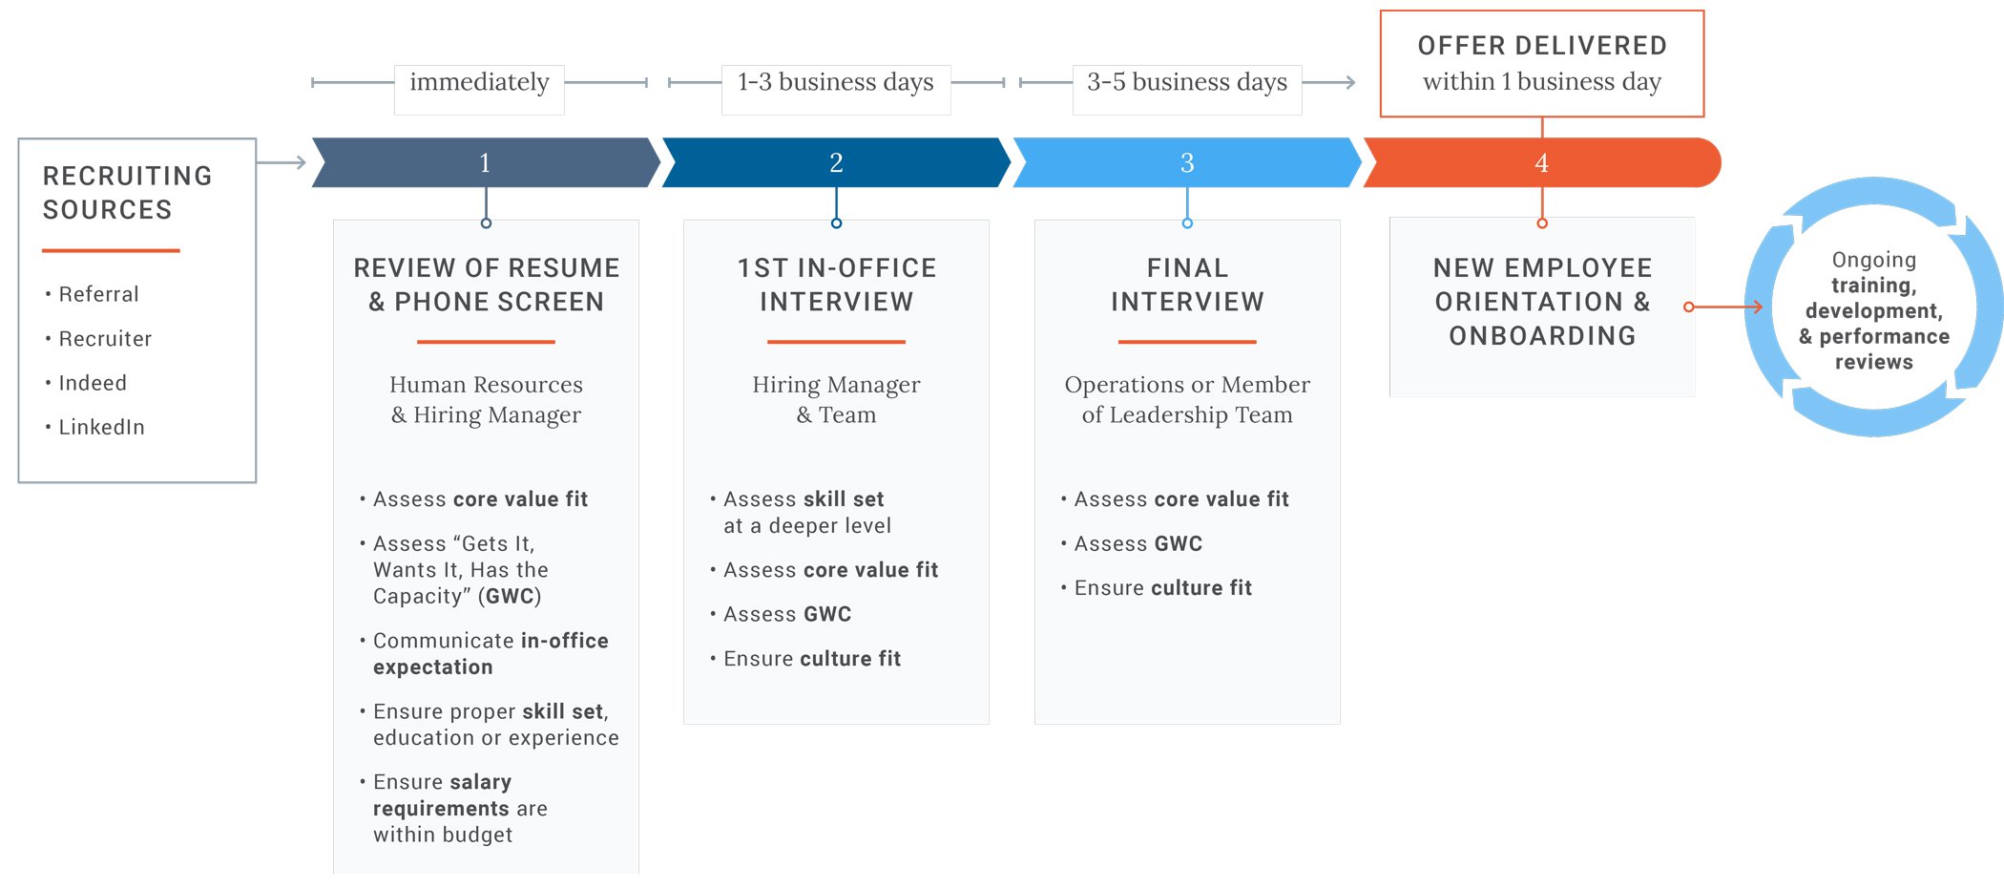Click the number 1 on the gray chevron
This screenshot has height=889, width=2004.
click(x=485, y=163)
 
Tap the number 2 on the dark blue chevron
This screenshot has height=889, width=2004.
click(x=836, y=163)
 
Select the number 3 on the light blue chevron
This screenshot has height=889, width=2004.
click(x=1187, y=163)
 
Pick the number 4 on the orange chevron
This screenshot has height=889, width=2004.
click(x=1541, y=163)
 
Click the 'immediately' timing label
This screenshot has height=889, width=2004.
click(x=479, y=83)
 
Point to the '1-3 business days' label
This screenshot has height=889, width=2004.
click(x=835, y=83)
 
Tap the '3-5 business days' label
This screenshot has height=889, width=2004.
click(x=1186, y=83)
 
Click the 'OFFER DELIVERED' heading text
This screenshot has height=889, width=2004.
click(x=1541, y=46)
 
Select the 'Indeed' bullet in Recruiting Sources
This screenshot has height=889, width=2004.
click(x=92, y=383)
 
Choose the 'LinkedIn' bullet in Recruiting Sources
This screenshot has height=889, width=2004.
click(x=101, y=427)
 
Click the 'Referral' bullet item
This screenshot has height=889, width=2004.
click(x=98, y=294)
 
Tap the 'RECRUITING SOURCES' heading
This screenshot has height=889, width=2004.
click(x=127, y=193)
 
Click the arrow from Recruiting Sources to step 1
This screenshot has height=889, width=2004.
click(x=282, y=162)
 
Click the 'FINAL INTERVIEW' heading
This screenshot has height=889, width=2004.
click(x=1187, y=285)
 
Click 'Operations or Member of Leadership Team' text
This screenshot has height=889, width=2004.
click(x=1187, y=399)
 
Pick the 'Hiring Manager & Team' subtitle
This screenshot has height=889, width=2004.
click(x=836, y=399)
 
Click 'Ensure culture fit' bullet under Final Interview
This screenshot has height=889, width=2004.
click(x=1162, y=588)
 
